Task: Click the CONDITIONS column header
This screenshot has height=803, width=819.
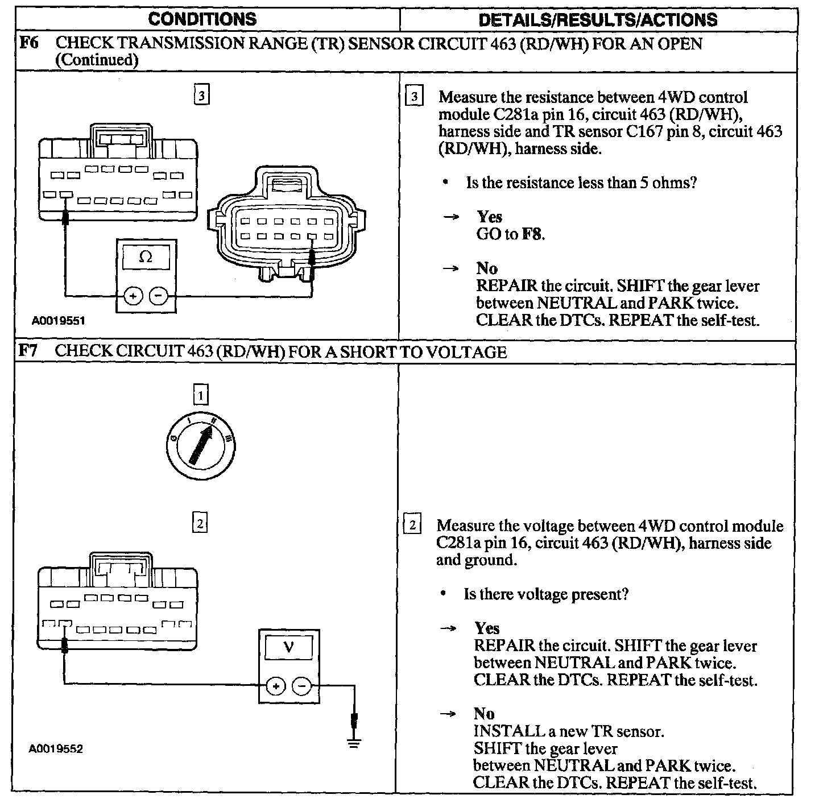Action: [x=202, y=19]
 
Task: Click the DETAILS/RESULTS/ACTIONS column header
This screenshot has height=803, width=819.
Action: [x=597, y=20]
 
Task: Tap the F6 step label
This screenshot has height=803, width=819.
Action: [x=28, y=43]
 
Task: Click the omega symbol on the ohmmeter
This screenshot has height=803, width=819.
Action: [x=146, y=257]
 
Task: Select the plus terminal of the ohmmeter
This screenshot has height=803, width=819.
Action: [x=133, y=296]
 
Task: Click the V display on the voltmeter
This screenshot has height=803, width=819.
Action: [x=288, y=647]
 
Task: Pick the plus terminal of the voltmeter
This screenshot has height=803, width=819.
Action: [x=275, y=686]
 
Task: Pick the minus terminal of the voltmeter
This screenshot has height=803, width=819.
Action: [x=301, y=686]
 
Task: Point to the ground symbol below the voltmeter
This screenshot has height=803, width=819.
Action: [x=354, y=742]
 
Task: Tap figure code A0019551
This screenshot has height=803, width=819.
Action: [x=58, y=321]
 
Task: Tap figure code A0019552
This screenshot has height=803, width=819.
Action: [x=56, y=749]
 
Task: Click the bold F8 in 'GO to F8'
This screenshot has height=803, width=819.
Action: [x=531, y=234]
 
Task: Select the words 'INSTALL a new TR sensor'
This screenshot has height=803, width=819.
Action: [x=568, y=731]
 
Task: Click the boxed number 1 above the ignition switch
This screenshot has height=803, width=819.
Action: [x=200, y=394]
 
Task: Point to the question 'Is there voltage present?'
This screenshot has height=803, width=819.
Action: [x=546, y=595]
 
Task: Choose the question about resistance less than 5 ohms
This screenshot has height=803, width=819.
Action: [x=581, y=183]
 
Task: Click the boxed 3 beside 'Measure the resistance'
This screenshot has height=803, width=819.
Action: [x=414, y=97]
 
